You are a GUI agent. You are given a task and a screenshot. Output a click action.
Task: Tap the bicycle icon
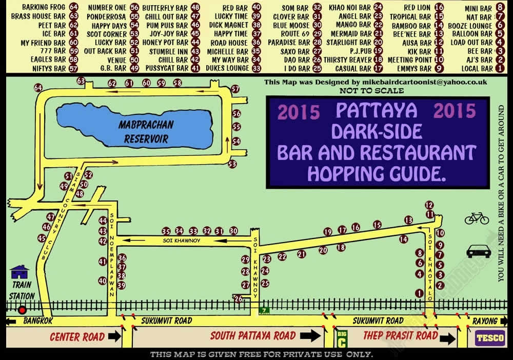[477, 218]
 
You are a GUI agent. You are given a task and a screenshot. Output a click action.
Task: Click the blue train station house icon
[20, 271]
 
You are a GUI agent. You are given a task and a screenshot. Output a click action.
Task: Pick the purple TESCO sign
[489, 338]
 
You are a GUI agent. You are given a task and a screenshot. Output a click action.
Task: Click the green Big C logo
[341, 339]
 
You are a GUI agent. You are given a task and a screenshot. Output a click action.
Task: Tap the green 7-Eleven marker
[264, 311]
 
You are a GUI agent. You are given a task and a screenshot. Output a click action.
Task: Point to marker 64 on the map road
[37, 88]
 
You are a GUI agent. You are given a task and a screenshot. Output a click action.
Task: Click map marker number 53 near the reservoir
[232, 164]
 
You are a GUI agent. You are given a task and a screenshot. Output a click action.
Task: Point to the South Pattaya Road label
[252, 336]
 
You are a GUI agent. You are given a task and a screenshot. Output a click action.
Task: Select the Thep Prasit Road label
[400, 336]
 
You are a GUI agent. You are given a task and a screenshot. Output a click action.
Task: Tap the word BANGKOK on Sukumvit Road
[38, 321]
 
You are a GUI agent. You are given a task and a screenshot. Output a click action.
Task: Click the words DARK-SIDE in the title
[377, 131]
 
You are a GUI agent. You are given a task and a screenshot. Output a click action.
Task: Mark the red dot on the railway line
[22, 310]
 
